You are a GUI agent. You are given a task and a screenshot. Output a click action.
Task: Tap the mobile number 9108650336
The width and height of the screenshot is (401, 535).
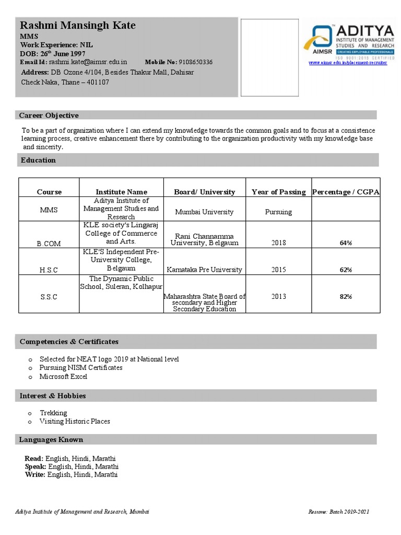195,62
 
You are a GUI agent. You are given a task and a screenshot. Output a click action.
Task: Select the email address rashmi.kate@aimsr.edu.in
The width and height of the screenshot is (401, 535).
88,62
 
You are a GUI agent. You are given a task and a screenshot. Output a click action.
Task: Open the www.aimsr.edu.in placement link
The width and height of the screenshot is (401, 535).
348,63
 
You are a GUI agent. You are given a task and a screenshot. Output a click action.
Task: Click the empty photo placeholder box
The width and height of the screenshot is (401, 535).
269,57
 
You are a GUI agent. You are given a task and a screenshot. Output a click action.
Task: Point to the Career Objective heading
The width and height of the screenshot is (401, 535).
49,115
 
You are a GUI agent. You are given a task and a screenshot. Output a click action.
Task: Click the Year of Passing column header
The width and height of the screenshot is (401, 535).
278,192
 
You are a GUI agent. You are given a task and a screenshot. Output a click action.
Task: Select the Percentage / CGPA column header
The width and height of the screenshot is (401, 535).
346,192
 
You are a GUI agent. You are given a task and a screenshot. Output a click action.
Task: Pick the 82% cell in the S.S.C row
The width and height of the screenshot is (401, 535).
346,297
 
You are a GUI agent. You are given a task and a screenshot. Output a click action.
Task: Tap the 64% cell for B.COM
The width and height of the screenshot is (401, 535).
346,243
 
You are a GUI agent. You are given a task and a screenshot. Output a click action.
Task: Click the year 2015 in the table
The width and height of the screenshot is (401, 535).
279,270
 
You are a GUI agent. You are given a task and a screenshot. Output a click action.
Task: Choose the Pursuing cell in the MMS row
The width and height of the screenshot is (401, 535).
278,212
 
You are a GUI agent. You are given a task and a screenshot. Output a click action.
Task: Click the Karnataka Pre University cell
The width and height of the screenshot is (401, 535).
204,270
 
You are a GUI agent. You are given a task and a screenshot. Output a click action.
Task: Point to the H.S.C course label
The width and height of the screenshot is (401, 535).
49,270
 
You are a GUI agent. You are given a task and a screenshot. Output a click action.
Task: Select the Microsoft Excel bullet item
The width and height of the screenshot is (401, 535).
63,376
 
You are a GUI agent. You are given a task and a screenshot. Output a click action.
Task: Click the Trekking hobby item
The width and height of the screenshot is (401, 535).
53,413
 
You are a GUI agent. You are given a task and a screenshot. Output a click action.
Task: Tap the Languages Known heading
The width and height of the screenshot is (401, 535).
51,439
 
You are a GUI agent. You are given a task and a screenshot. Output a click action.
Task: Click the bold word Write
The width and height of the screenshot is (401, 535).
35,474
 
